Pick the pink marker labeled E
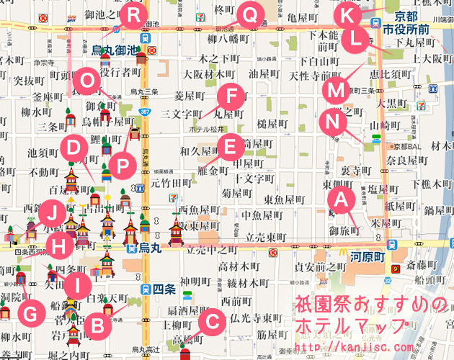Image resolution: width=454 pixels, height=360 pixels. (x=230, y=148)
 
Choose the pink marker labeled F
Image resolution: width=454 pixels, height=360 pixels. (x=231, y=95)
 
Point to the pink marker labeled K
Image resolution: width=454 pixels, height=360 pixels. (x=347, y=13)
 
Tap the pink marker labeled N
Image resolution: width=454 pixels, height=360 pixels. (x=331, y=121)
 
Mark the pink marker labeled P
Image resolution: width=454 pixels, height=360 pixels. (x=123, y=165)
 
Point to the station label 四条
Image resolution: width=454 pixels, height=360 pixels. (x=164, y=289)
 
